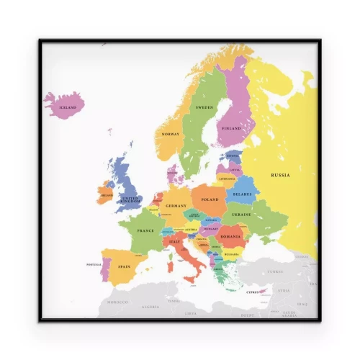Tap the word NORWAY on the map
point(171,135)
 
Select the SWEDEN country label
point(204,108)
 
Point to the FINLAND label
point(232,129)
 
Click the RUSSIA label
point(282,175)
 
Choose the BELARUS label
point(243,194)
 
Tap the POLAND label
point(210,199)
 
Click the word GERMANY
point(176,206)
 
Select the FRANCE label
point(145,231)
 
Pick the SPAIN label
point(125,267)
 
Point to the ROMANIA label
point(231,235)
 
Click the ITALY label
point(174,243)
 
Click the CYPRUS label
point(253,292)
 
